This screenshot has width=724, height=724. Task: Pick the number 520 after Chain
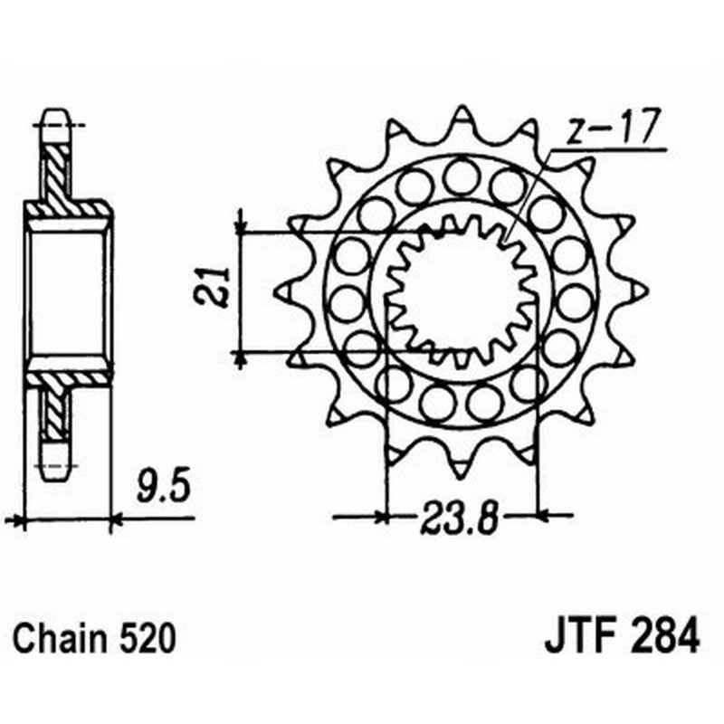click(x=145, y=639)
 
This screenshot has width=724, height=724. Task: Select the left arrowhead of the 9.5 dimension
click(x=14, y=520)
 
